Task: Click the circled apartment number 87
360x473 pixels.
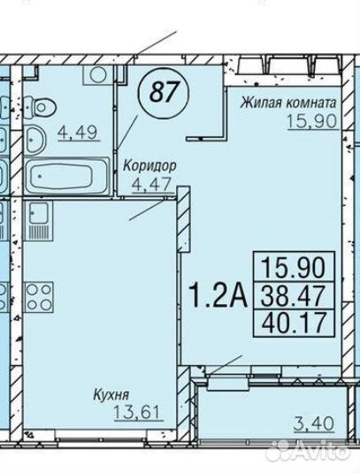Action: [164, 91]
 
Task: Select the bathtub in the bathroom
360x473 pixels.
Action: [67, 176]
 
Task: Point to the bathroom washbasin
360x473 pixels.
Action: [34, 140]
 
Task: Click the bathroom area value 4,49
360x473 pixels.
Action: [79, 133]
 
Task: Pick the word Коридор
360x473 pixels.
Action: [149, 165]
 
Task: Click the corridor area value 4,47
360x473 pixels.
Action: [152, 183]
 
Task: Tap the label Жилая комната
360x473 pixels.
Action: [288, 103]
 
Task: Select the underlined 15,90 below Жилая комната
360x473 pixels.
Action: [311, 122]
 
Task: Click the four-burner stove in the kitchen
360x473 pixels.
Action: [39, 297]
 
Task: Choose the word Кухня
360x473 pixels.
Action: [111, 395]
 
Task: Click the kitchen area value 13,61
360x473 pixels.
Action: [137, 412]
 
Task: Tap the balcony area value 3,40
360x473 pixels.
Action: [313, 423]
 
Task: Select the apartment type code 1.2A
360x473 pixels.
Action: [218, 294]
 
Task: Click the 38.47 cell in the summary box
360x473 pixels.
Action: [294, 295]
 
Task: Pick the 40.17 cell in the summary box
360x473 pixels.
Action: [294, 323]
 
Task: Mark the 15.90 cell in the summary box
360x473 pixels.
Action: [294, 267]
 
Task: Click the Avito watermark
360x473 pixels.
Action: [310, 452]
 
